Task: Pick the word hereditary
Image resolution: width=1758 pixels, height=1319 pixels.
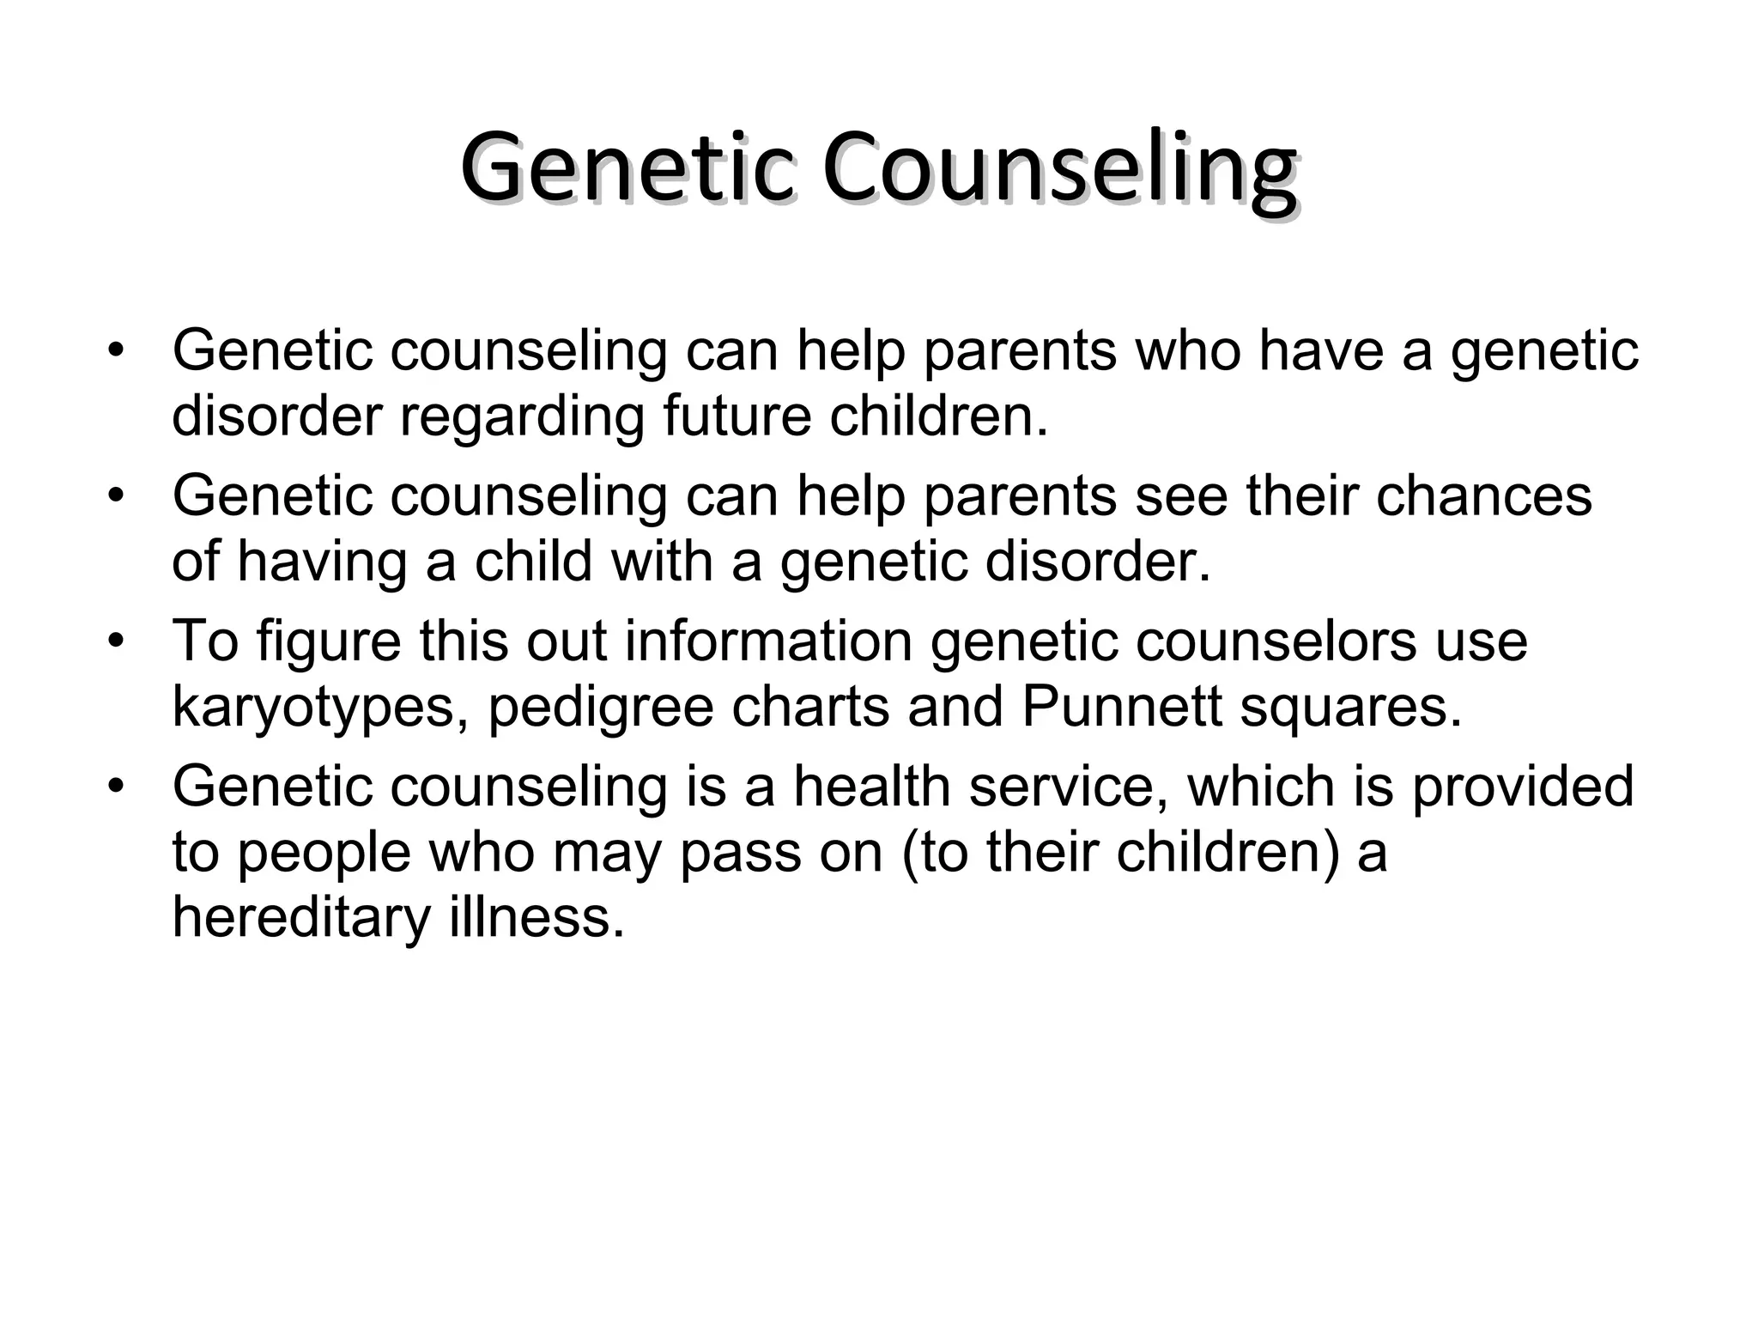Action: coord(301,916)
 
